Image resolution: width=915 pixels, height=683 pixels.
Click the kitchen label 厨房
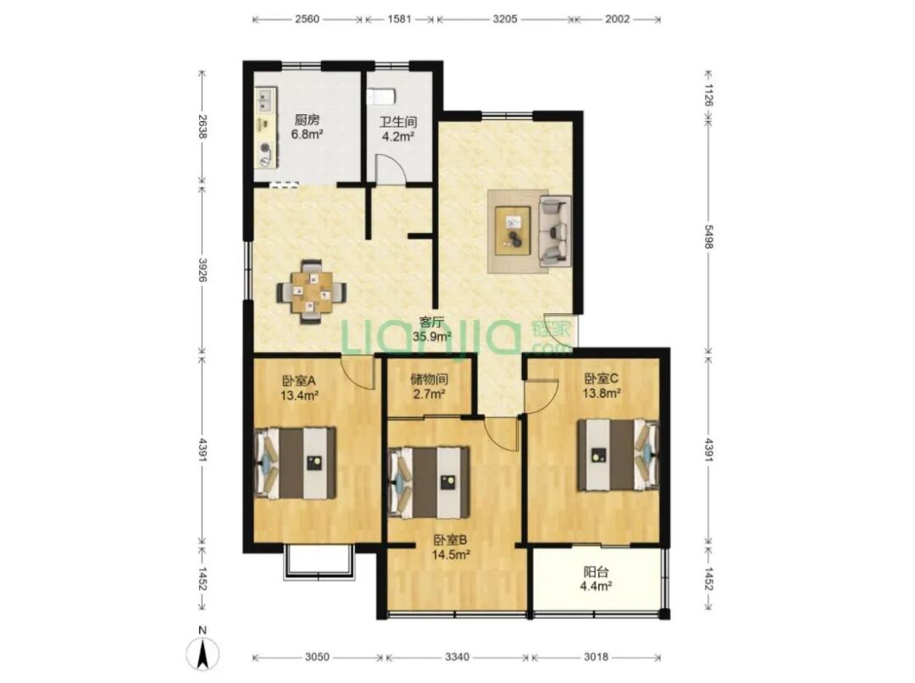(307, 120)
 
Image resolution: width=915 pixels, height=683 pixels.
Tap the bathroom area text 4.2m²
(398, 137)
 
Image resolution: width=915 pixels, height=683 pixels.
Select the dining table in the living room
(312, 291)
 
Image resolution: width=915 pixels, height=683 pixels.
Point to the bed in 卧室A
(296, 463)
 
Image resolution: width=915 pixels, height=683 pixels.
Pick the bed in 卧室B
(430, 482)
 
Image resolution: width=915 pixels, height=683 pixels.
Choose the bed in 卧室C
(618, 455)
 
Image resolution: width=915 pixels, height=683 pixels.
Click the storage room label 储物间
(429, 379)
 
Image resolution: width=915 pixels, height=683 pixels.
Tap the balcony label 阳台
(596, 571)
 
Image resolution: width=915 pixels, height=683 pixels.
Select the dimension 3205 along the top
(505, 19)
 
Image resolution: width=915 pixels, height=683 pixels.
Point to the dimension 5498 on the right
(708, 237)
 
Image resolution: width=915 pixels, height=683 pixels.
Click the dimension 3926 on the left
(202, 270)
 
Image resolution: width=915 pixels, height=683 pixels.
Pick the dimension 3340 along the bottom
(457, 658)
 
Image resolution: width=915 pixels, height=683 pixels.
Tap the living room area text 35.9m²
(432, 336)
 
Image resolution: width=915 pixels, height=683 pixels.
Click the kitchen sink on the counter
(266, 98)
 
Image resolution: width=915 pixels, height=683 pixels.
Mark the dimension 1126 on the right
(708, 95)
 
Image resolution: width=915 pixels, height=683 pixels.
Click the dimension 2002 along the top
(618, 19)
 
